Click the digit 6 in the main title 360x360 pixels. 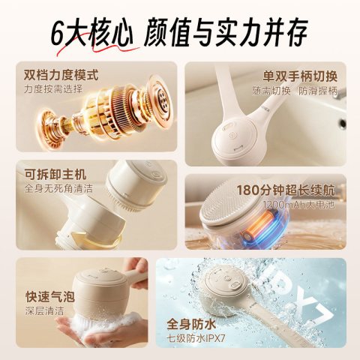click(x=58, y=34)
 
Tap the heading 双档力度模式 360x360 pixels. click(x=61, y=75)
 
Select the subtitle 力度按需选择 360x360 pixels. click(x=53, y=89)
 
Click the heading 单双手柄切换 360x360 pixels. click(x=300, y=76)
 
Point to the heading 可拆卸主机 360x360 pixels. click(x=55, y=174)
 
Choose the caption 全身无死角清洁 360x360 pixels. click(x=58, y=188)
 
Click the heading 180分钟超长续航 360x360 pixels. click(x=286, y=190)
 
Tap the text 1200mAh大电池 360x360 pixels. click(x=298, y=205)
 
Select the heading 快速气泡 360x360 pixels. click(x=50, y=297)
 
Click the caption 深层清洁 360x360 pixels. click(x=44, y=311)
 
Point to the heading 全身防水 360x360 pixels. click(x=191, y=325)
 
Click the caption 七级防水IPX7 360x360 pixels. click(x=196, y=339)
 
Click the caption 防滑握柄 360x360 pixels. click(x=318, y=91)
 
